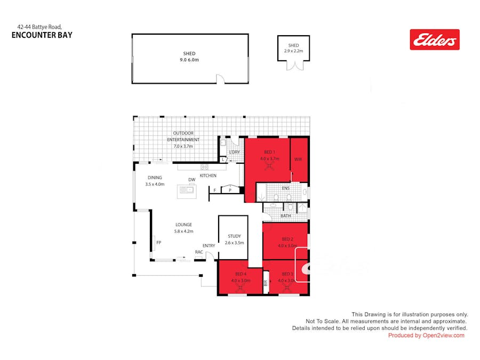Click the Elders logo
(434, 39)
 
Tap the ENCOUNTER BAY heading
(42, 35)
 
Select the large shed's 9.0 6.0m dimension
(189, 60)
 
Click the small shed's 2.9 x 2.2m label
(293, 51)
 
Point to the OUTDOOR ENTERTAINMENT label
(183, 136)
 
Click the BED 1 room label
(269, 152)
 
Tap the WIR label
(298, 159)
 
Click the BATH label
(285, 216)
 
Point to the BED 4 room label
(241, 274)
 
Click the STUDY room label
(234, 236)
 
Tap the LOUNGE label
(183, 225)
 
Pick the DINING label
(155, 178)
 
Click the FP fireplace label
(158, 243)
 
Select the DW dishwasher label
(191, 180)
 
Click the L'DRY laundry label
(234, 153)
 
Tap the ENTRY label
(209, 245)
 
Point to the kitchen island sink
(187, 189)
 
